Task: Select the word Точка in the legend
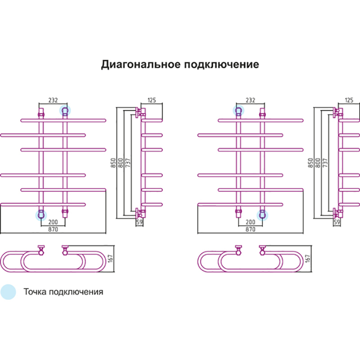tap(35, 292)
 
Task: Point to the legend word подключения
tap(76, 292)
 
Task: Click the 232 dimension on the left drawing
tap(53, 100)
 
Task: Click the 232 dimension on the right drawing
tap(251, 100)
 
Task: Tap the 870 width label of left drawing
tap(53, 229)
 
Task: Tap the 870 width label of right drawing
tap(251, 229)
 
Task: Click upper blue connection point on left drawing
tap(65, 110)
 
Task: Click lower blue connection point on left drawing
tap(41, 215)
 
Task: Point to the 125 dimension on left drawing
tap(151, 100)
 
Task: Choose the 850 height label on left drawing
tap(113, 162)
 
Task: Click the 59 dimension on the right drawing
tap(337, 222)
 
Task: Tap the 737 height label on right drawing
tap(325, 162)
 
